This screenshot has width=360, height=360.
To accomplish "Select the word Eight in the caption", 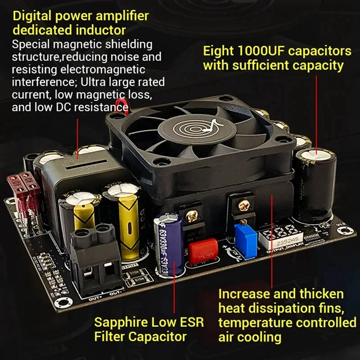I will click(220, 50).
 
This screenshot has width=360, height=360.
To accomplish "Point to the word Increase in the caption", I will click(246, 294).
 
